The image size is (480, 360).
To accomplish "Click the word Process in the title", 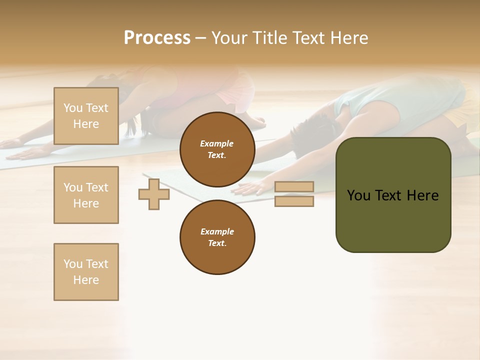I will (x=157, y=38).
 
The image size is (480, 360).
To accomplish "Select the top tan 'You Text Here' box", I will (x=86, y=116).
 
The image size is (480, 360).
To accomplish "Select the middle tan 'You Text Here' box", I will (x=86, y=195).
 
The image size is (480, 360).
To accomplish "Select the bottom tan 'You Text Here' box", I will (x=86, y=272).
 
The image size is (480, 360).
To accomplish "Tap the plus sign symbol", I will (x=154, y=194).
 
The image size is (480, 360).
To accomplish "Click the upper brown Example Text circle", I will (x=217, y=149).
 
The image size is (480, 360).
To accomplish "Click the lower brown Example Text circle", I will (x=217, y=237).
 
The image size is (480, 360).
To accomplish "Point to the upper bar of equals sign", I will (x=294, y=186).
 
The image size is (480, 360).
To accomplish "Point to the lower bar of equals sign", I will (x=294, y=201).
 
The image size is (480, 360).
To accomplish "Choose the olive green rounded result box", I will (x=393, y=220).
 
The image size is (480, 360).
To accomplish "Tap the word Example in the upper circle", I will (x=217, y=143).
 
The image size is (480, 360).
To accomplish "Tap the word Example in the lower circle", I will (x=217, y=231).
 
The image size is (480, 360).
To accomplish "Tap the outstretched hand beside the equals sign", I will (x=250, y=187).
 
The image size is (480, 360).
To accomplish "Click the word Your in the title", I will (x=229, y=38).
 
